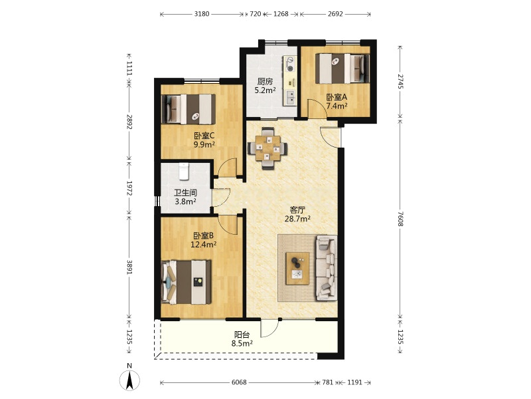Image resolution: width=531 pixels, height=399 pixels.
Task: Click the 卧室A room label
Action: (337, 97)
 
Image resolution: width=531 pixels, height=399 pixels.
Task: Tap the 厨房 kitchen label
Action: (265, 81)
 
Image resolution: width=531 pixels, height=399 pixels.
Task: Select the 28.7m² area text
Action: (297, 219)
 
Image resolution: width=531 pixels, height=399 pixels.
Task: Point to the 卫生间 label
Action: (186, 193)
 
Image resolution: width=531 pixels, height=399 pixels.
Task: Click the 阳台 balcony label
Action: (242, 334)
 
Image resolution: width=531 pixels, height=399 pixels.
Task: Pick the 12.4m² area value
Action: (204, 244)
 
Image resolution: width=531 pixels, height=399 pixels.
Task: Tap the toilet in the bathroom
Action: (184, 172)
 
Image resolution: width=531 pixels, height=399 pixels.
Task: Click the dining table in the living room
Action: (267, 148)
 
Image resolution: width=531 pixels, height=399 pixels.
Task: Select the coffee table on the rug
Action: (297, 268)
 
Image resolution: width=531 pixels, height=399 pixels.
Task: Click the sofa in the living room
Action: (327, 268)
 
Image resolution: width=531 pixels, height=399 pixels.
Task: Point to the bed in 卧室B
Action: (187, 282)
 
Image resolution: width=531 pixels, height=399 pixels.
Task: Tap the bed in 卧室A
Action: (342, 68)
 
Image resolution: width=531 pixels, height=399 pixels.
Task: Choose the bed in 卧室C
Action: (189, 109)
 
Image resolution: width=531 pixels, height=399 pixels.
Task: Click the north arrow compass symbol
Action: (129, 380)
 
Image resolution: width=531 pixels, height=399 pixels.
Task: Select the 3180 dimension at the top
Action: (202, 14)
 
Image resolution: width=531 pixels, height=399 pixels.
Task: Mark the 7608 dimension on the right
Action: (401, 219)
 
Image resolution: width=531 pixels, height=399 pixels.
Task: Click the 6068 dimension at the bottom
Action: (239, 382)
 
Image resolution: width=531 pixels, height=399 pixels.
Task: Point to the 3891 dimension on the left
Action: (129, 267)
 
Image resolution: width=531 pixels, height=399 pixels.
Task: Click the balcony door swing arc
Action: (273, 332)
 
